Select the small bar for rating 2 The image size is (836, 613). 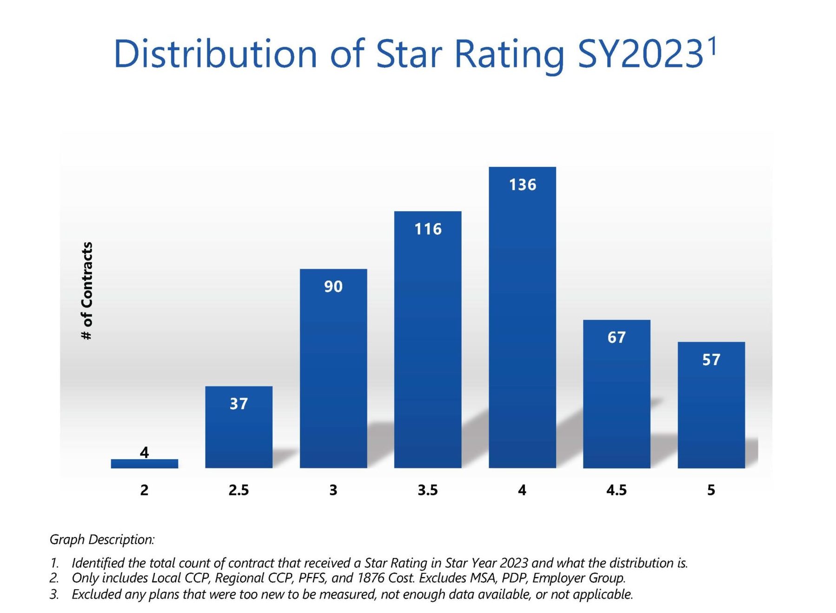pyautogui.click(x=144, y=463)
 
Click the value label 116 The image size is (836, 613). pyautogui.click(x=428, y=229)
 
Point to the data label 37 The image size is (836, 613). pyautogui.click(x=239, y=404)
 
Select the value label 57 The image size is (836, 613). pyautogui.click(x=711, y=360)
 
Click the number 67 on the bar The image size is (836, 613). pyautogui.click(x=617, y=337)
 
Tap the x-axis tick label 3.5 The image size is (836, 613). pyautogui.click(x=427, y=490)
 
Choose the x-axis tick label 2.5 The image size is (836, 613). pyautogui.click(x=239, y=490)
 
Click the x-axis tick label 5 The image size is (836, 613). pyautogui.click(x=711, y=490)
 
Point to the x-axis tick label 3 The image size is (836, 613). pyautogui.click(x=333, y=490)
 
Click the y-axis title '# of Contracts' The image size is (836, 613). pyautogui.click(x=87, y=291)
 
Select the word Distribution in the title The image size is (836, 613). pyautogui.click(x=215, y=54)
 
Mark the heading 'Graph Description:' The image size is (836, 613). pyautogui.click(x=102, y=540)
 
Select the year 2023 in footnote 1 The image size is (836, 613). pyautogui.click(x=511, y=563)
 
